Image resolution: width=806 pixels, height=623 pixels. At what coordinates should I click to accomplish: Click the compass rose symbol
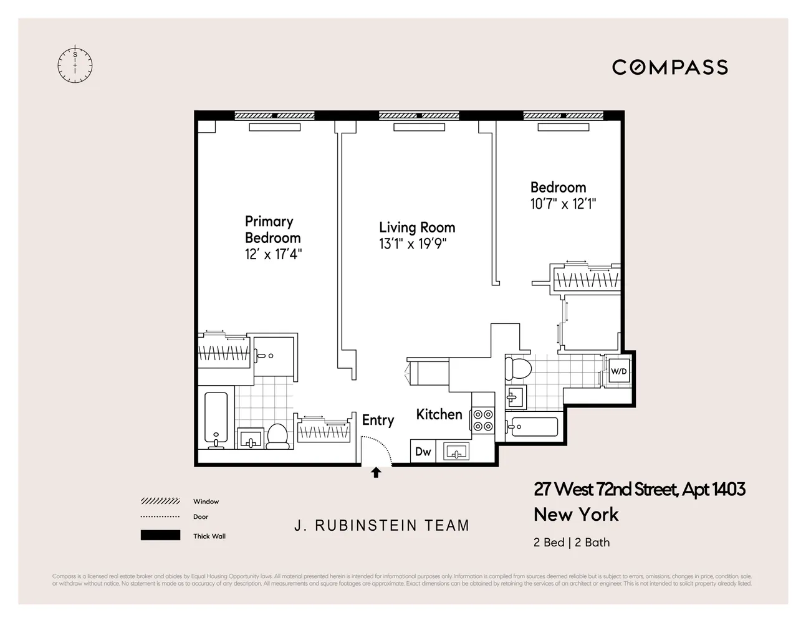tap(75, 64)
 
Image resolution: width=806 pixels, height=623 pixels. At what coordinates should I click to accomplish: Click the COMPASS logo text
tap(669, 67)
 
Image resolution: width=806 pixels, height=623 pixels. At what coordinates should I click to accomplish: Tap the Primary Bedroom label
tap(272, 229)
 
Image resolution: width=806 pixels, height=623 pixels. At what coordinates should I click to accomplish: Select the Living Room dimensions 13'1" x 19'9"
tap(413, 244)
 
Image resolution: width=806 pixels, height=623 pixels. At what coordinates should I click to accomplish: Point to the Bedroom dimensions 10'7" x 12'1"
tap(563, 204)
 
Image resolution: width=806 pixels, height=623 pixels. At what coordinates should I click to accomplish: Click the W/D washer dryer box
tap(618, 371)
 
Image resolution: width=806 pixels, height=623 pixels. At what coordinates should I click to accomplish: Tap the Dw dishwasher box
tap(423, 452)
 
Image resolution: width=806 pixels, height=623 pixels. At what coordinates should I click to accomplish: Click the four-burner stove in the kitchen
tap(483, 420)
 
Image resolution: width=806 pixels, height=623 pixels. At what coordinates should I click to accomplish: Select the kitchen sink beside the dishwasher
tap(456, 452)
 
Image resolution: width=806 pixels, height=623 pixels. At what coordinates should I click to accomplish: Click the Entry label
tap(378, 421)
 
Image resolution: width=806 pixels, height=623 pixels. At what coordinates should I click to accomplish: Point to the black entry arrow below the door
tap(376, 473)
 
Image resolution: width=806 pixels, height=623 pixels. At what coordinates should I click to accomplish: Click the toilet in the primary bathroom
tap(277, 435)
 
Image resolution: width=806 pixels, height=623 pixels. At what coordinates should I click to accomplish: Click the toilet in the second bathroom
tap(517, 368)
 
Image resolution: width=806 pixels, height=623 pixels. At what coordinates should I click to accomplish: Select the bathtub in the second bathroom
tap(532, 427)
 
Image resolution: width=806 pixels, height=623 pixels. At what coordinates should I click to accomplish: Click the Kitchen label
tap(439, 414)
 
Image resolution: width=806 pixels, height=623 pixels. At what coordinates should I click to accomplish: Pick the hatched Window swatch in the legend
tap(160, 502)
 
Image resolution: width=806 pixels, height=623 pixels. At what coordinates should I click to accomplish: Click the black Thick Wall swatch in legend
tap(160, 535)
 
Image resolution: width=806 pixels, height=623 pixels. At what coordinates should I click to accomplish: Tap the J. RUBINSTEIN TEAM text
tap(381, 526)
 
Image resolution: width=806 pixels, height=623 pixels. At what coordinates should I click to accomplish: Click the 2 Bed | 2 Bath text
tap(572, 542)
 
